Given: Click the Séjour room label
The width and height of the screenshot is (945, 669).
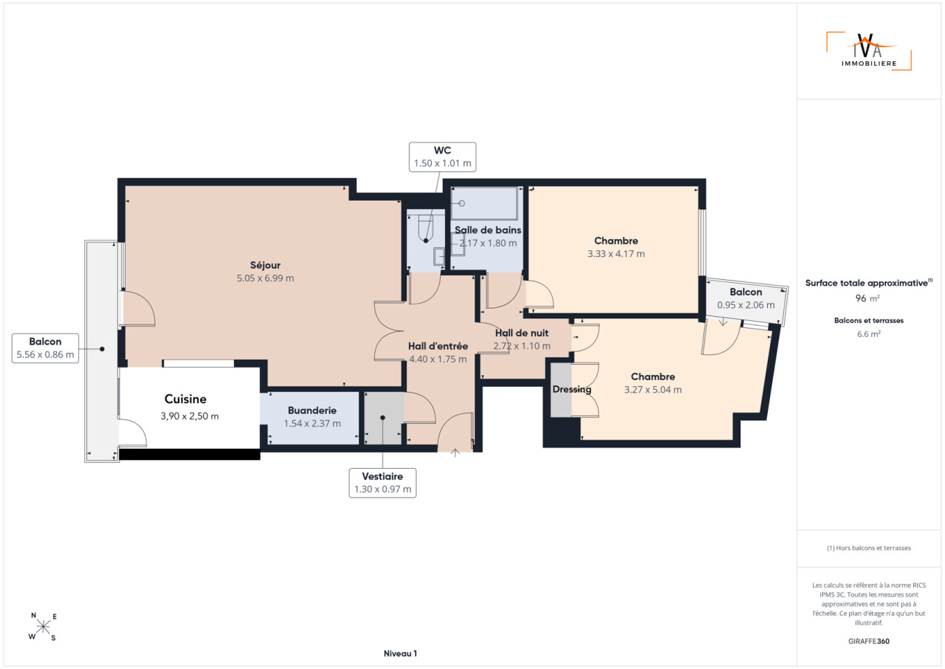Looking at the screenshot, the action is pyautogui.click(x=265, y=265).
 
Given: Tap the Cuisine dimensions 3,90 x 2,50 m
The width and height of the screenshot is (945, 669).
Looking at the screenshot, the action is pyautogui.click(x=190, y=416).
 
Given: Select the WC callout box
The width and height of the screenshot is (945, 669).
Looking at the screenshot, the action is pyautogui.click(x=442, y=157).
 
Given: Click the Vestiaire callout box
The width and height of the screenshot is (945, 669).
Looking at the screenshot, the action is pyautogui.click(x=382, y=483).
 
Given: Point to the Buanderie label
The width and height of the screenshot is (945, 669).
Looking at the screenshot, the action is pyautogui.click(x=312, y=411).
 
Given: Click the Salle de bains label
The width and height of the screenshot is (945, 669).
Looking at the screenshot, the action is pyautogui.click(x=488, y=230).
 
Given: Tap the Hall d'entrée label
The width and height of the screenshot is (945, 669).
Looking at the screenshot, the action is pyautogui.click(x=438, y=346).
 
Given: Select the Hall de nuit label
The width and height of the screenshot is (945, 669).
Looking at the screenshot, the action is pyautogui.click(x=522, y=333).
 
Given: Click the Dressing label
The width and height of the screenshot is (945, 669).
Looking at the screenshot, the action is pyautogui.click(x=571, y=389).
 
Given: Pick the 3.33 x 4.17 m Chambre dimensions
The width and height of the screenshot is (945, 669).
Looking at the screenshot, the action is pyautogui.click(x=616, y=254).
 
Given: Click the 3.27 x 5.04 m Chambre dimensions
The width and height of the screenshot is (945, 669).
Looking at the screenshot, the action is pyautogui.click(x=653, y=390).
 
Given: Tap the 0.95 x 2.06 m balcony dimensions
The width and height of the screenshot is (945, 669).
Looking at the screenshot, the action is pyautogui.click(x=746, y=305).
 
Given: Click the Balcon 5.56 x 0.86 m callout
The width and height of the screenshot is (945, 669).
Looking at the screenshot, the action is pyautogui.click(x=45, y=349).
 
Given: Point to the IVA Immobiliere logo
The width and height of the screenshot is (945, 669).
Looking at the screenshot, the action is pyautogui.click(x=869, y=51).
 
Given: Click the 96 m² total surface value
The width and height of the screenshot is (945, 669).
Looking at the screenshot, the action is pyautogui.click(x=867, y=298).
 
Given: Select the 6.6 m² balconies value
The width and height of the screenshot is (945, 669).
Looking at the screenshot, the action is pyautogui.click(x=869, y=334).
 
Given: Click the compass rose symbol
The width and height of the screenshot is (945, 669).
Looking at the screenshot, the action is pyautogui.click(x=43, y=627).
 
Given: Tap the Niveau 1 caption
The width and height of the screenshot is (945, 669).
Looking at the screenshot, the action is pyautogui.click(x=400, y=653).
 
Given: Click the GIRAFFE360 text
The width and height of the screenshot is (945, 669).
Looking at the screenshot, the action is pyautogui.click(x=869, y=641).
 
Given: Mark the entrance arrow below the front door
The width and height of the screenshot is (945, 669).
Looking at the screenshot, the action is pyautogui.click(x=456, y=453).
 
